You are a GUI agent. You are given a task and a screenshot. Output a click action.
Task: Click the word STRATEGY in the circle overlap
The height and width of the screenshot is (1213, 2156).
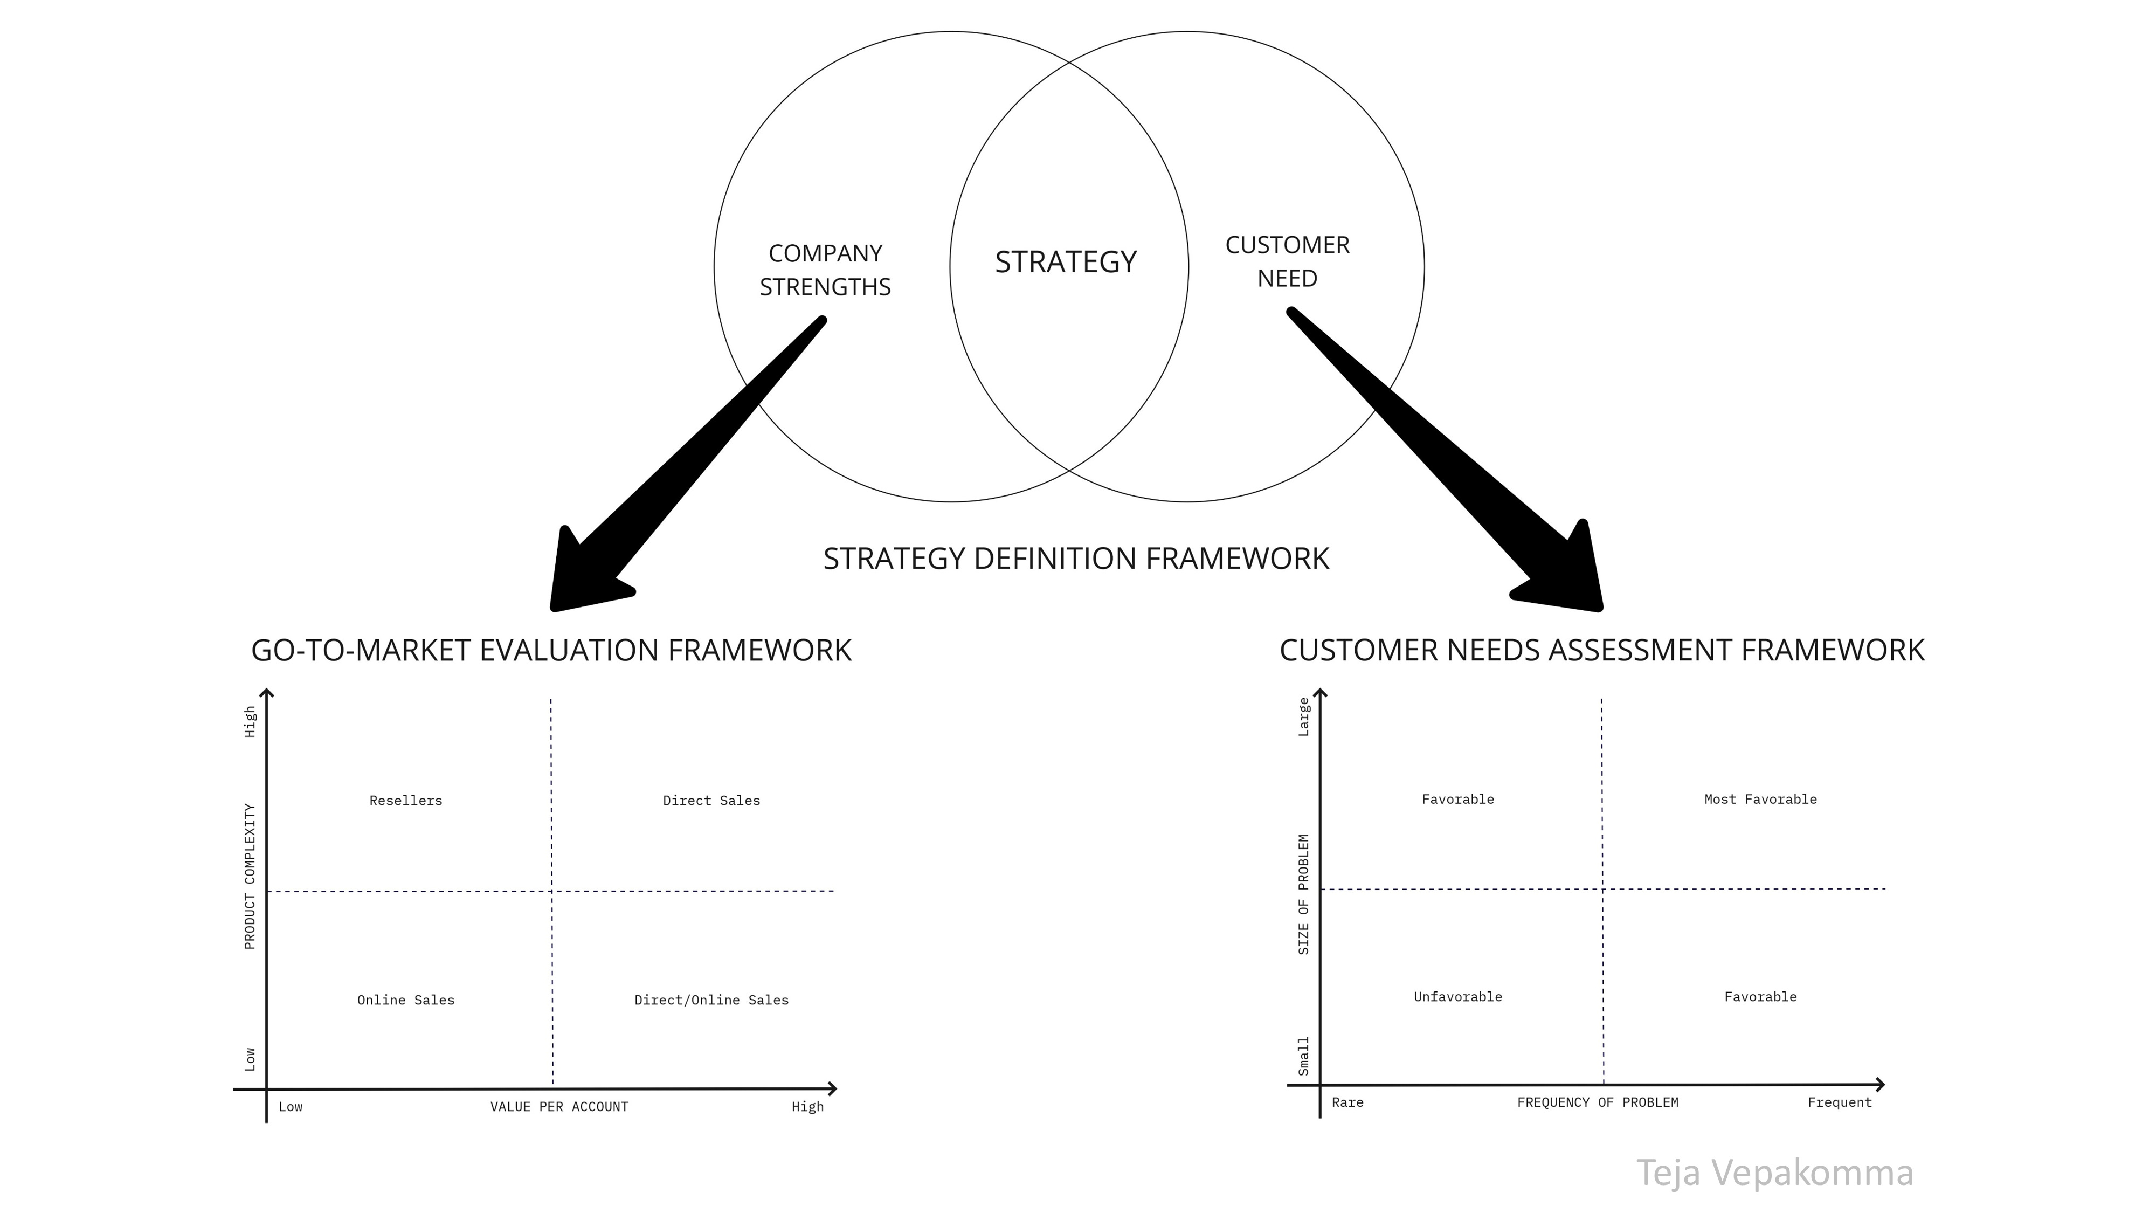click(1066, 262)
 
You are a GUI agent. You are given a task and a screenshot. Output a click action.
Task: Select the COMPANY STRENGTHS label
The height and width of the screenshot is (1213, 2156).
click(825, 270)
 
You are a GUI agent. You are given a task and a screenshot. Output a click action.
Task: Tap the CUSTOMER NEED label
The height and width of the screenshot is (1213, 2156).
click(1287, 261)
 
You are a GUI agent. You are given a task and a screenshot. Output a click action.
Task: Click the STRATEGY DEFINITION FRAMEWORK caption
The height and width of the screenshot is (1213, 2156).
click(1075, 559)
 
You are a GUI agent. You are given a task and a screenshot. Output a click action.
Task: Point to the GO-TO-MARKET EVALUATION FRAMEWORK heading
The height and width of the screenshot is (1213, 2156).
click(551, 651)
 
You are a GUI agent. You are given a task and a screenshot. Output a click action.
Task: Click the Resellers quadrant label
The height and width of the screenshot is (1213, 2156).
click(406, 800)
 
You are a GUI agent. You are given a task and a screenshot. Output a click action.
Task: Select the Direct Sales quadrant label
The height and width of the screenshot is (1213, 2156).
click(711, 800)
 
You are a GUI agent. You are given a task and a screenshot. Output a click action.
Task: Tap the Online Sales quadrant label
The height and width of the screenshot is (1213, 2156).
click(406, 1000)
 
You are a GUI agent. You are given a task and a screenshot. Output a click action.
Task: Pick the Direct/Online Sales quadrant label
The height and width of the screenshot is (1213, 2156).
click(711, 1000)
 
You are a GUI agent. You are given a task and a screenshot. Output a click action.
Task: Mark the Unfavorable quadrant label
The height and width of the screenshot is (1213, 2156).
click(1458, 996)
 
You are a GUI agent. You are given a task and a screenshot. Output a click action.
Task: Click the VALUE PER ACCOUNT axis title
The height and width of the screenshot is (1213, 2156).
click(559, 1107)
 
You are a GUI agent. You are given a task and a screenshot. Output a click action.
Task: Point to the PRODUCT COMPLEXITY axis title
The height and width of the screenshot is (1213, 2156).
click(250, 877)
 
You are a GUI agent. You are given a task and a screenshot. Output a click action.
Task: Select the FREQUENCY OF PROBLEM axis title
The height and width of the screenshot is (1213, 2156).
click(1598, 1102)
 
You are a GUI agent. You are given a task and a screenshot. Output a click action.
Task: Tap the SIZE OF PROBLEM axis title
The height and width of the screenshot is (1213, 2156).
click(1303, 894)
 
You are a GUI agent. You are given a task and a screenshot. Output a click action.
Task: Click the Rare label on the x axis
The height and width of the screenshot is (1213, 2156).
click(1347, 1102)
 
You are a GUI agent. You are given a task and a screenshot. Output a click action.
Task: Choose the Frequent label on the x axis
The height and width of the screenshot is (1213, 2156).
click(1839, 1102)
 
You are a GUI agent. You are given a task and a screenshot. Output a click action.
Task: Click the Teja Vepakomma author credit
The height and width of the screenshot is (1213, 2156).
click(1774, 1172)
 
